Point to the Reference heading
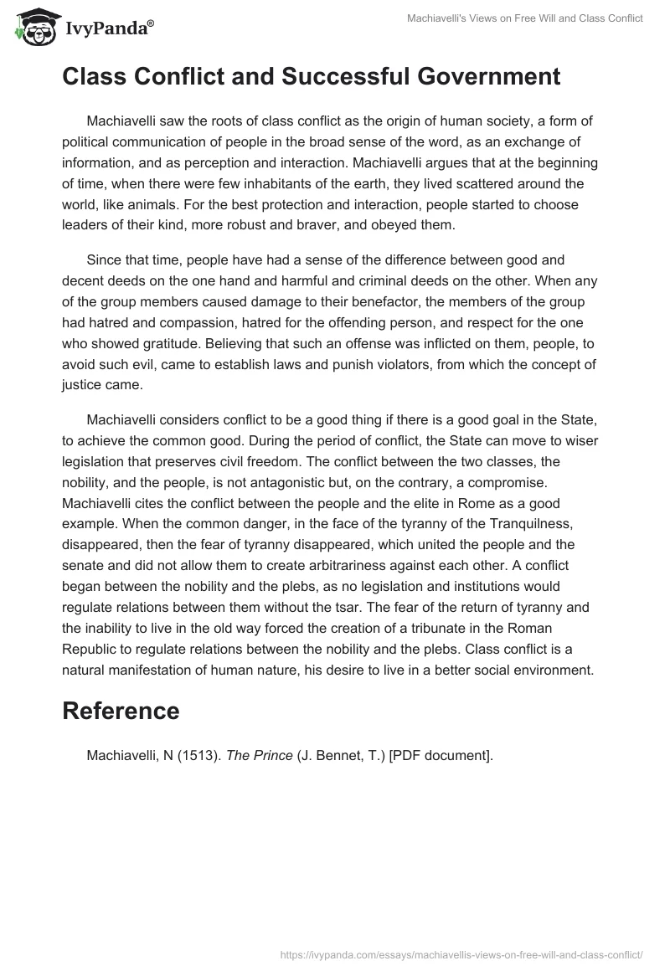(121, 711)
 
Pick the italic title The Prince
(260, 755)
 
